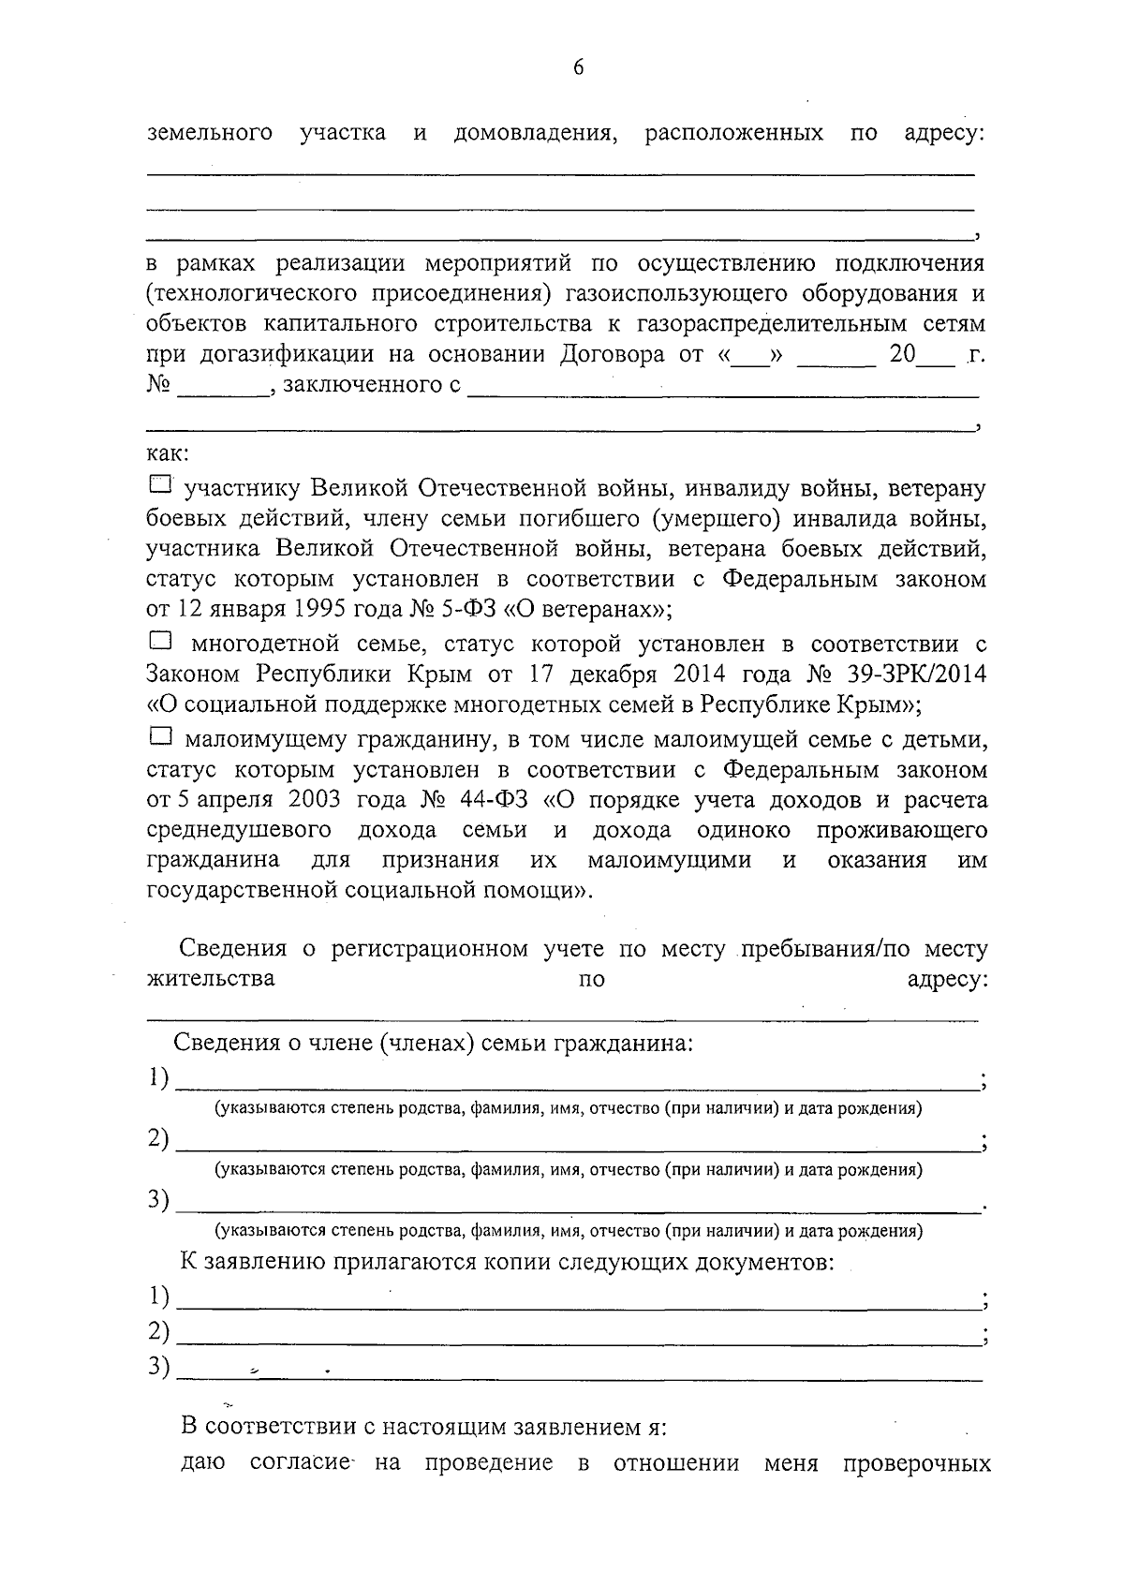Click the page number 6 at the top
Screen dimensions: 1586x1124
pos(577,67)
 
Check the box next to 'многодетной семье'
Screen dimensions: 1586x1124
pos(161,642)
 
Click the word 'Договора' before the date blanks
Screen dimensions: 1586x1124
pos(613,355)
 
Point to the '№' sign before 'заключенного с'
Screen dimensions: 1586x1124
pos(157,386)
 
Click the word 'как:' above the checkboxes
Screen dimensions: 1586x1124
pos(169,455)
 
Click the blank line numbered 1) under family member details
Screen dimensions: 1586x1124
pos(576,1079)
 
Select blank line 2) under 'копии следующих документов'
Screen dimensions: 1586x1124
pos(576,1332)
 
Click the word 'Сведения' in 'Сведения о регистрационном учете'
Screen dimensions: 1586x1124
pos(232,949)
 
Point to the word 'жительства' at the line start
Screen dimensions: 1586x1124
pos(211,979)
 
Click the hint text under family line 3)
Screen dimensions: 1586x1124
pos(569,1230)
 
